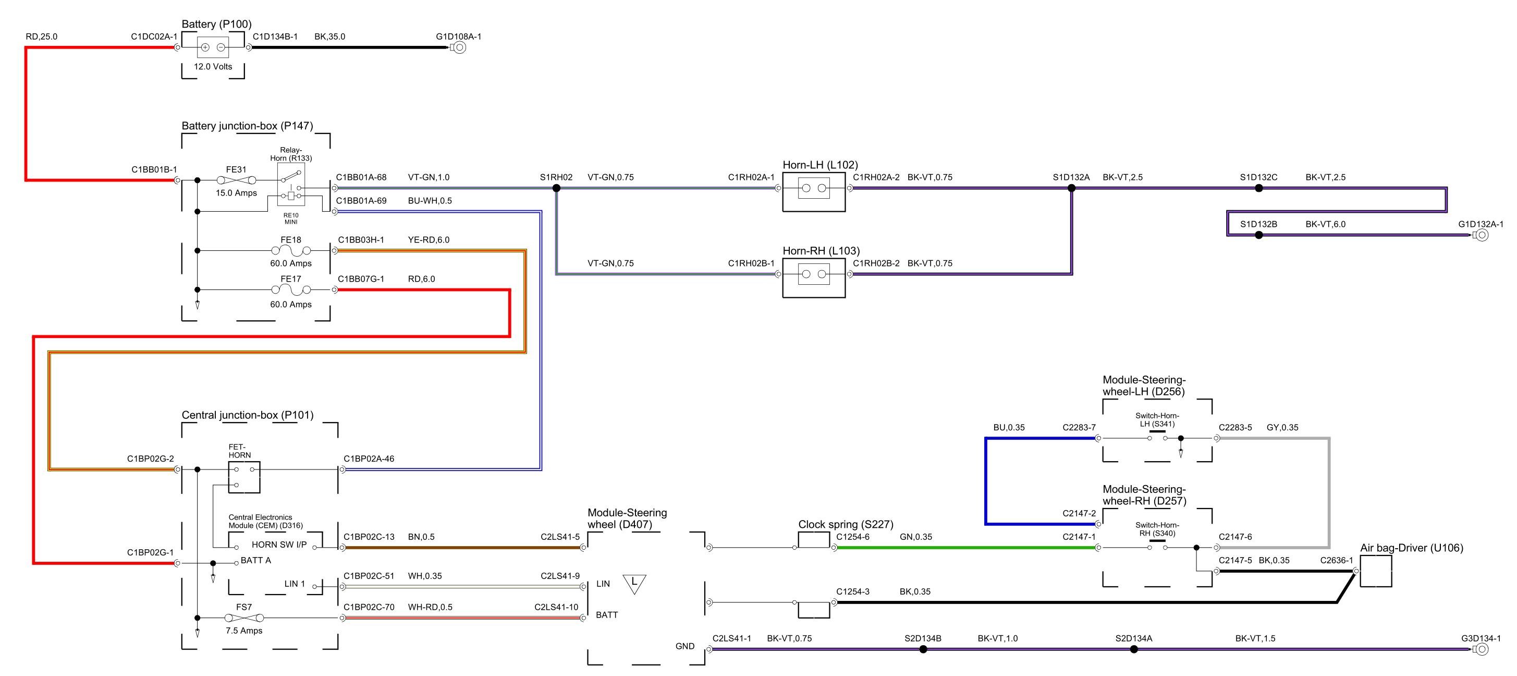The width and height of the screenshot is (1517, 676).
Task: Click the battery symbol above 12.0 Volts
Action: [213, 47]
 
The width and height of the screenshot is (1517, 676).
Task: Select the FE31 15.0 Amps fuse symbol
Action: [236, 180]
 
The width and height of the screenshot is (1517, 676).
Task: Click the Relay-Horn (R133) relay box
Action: [291, 184]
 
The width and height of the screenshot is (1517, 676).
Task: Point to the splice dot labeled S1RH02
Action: [556, 188]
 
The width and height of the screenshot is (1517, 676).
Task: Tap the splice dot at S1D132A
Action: [1071, 188]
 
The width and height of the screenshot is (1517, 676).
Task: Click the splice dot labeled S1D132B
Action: [1258, 235]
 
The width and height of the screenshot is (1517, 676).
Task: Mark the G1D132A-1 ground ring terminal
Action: [1482, 235]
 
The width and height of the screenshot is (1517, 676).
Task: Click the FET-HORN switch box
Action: [244, 477]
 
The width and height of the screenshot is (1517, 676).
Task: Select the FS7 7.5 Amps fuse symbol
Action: [244, 618]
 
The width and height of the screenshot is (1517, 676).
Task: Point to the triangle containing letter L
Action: [634, 583]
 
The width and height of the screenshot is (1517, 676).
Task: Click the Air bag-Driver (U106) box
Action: [1376, 571]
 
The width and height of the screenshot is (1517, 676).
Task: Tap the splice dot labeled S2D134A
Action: [1134, 649]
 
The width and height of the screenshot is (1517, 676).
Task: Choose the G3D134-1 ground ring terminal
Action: [1482, 649]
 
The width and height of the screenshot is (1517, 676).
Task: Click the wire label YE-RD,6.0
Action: [428, 240]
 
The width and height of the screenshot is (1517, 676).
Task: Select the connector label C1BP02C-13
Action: [369, 537]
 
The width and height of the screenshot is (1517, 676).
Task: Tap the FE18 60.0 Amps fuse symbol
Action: [291, 251]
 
